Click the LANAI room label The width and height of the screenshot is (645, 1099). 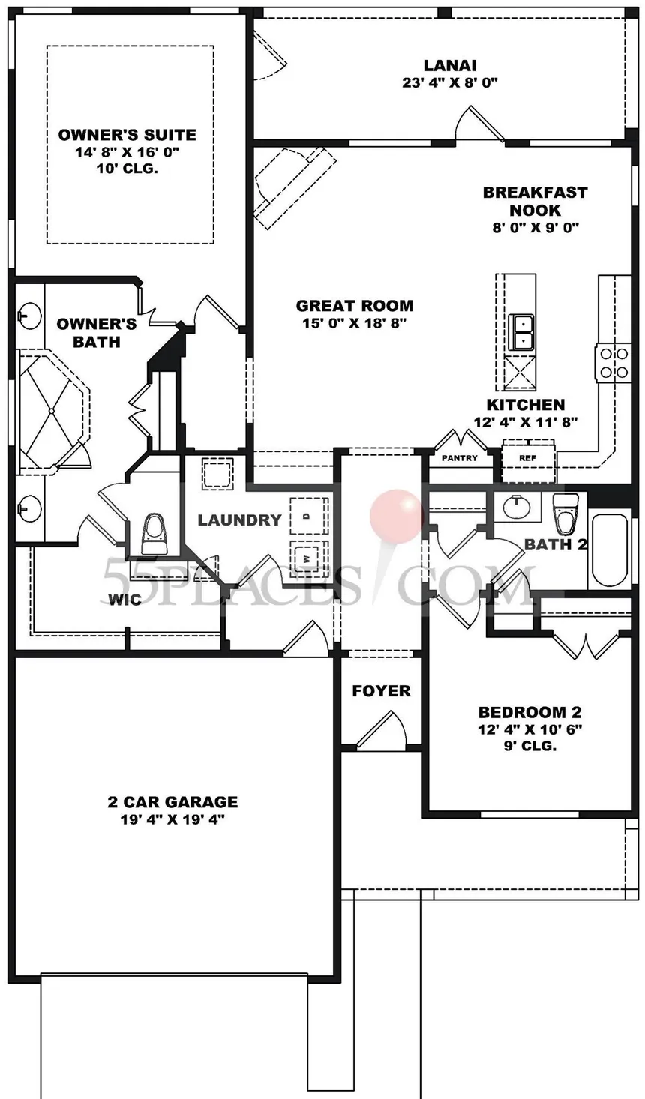pos(450,65)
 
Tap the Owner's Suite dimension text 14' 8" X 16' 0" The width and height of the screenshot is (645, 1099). pos(127,152)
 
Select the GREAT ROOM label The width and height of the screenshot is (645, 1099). pos(355,306)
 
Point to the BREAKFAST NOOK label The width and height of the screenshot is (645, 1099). pos(535,201)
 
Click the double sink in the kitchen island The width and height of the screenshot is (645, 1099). pos(521,331)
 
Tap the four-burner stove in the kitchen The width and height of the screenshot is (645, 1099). pos(613,363)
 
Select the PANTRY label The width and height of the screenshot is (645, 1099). pos(460,458)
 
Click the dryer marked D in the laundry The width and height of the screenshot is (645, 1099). pos(309,516)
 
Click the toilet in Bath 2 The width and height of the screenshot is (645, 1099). pos(564,514)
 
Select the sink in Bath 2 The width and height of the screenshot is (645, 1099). pos(516,506)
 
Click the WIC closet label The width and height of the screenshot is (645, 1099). pos(124,600)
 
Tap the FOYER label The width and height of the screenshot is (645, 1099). pos(381,690)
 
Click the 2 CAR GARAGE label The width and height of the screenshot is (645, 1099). pos(172,801)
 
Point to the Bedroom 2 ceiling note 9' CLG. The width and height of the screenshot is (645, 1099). pos(530,746)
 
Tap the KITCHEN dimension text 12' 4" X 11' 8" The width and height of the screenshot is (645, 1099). pos(525,421)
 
